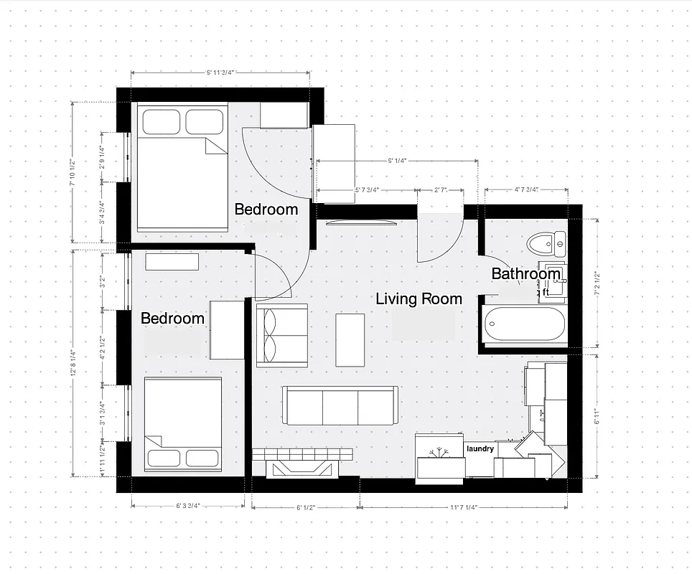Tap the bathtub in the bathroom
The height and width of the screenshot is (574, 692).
point(525,325)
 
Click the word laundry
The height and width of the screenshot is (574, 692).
point(480,448)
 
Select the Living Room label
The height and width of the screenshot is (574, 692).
point(419,299)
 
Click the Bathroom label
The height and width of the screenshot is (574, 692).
point(525,274)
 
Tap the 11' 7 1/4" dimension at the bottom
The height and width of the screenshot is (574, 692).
point(464,507)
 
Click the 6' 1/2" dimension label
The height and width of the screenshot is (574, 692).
point(306,507)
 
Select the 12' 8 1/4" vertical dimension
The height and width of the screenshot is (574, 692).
point(73,362)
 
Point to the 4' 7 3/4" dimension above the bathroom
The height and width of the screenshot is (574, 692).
point(526,190)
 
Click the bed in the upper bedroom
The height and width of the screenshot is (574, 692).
point(182,168)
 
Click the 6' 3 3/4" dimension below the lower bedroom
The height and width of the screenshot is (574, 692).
point(187,506)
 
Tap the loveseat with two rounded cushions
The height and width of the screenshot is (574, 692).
point(282,334)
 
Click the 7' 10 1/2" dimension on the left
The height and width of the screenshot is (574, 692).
point(73,173)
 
